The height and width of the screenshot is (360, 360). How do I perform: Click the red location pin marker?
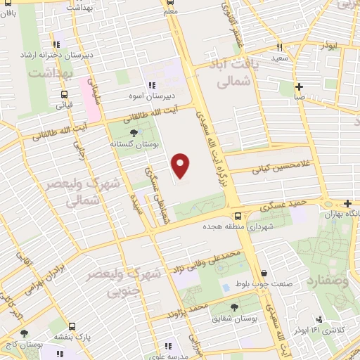tap(181, 166)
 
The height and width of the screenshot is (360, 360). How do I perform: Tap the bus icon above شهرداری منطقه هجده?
tap(238, 216)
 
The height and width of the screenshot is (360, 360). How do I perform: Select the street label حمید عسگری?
tap(281, 205)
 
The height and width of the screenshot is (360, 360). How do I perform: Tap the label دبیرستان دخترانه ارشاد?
tap(59, 56)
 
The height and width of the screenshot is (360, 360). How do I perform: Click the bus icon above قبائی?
tap(65, 94)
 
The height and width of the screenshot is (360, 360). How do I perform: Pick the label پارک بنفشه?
tap(75, 337)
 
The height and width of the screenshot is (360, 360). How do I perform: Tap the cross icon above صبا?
tap(300, 87)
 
